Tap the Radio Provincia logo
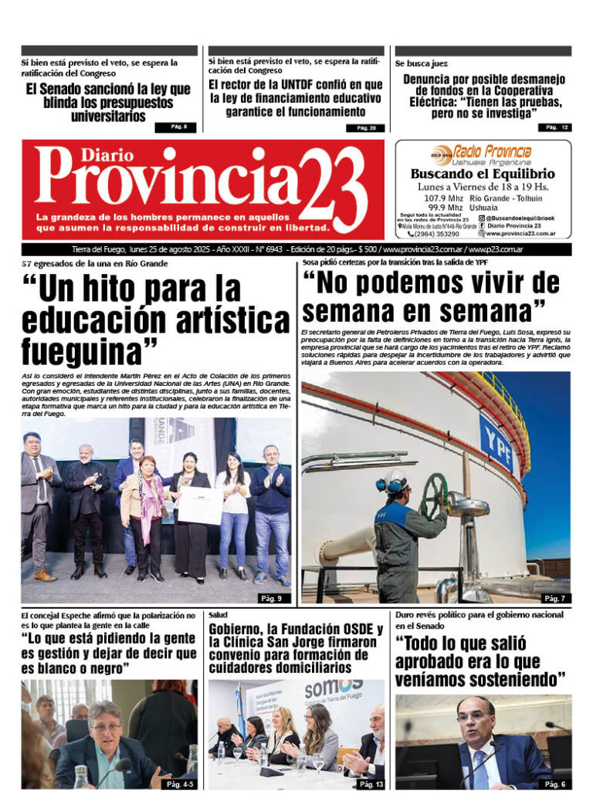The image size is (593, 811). (482, 153)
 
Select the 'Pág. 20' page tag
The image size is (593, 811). (367, 128)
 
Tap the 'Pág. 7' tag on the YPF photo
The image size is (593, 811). (554, 598)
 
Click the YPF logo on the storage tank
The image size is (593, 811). (495, 442)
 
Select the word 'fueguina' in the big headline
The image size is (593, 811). (80, 351)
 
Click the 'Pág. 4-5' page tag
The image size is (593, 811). (179, 784)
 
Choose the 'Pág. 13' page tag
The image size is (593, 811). (368, 784)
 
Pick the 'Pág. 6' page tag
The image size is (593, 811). (554, 784)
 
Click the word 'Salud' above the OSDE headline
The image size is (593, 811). (217, 615)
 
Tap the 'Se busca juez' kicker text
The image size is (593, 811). (421, 63)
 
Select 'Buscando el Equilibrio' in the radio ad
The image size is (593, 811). (483, 174)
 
